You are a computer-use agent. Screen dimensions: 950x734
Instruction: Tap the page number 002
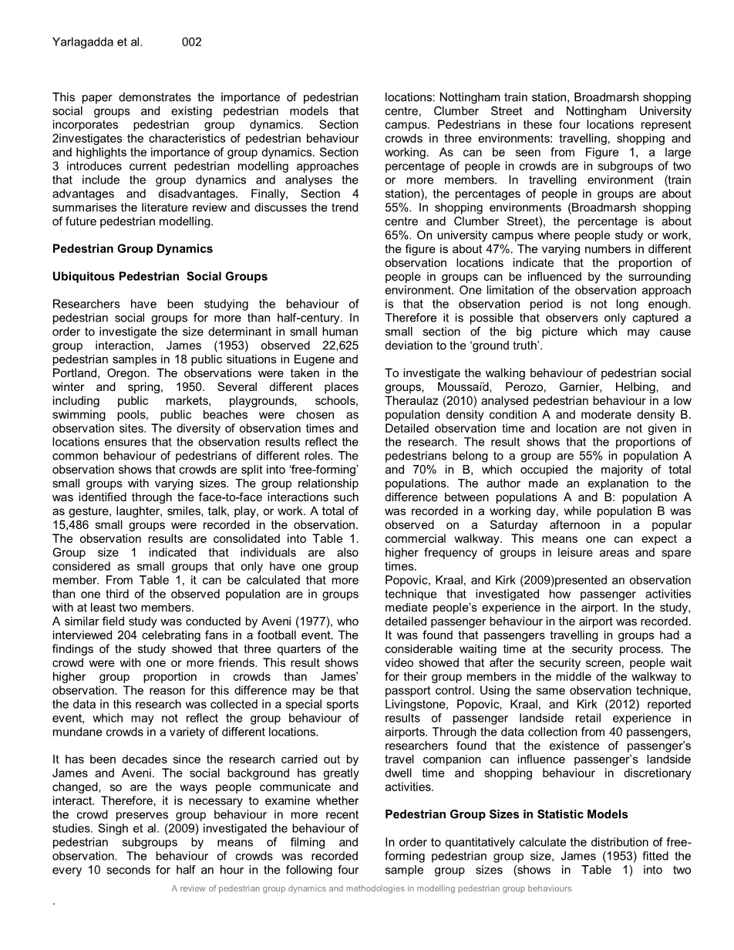coord(192,42)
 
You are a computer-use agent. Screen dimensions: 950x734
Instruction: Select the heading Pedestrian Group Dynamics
coord(133,249)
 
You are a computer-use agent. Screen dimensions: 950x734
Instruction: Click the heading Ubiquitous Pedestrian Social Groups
coord(160,277)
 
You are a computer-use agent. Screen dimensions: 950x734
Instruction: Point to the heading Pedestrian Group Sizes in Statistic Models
coord(507,814)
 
